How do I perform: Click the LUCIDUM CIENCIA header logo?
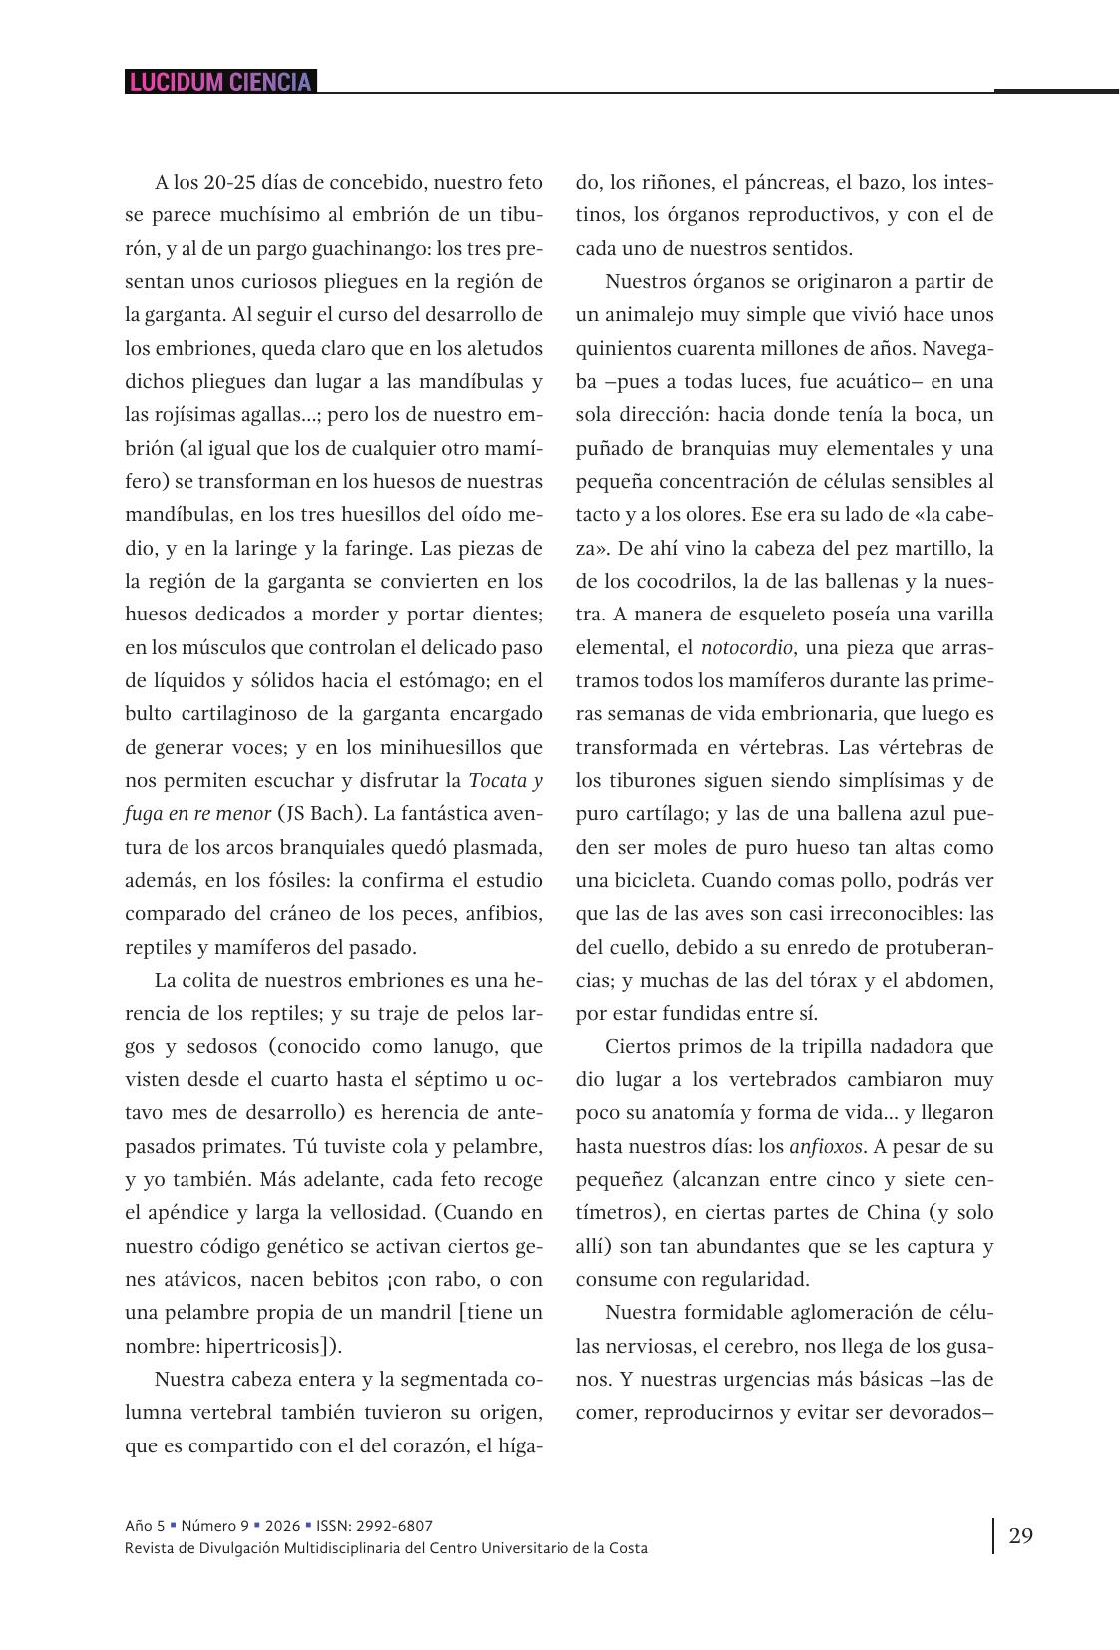pos(220,82)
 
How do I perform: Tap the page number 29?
pos(1020,1535)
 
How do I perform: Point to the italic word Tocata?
pos(494,780)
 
